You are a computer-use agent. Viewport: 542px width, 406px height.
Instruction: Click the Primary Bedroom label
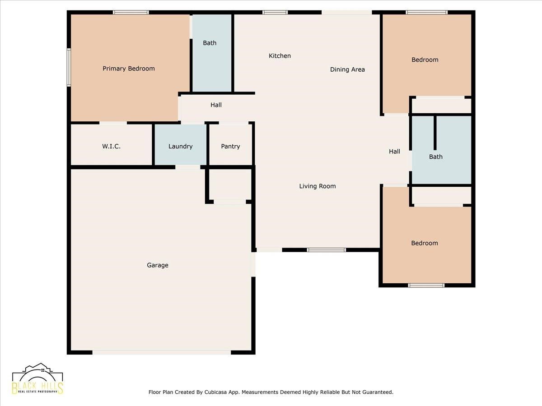tap(129, 69)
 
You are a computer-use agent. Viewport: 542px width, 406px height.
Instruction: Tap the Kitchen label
tap(280, 55)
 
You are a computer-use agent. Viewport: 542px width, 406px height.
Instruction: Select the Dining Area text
tap(347, 69)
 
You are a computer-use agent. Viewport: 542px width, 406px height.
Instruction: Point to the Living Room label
tap(318, 186)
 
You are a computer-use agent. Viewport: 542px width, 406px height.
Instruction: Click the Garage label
tap(158, 265)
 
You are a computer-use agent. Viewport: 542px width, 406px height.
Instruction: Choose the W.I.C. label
tap(112, 147)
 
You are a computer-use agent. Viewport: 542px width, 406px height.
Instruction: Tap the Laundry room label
tap(181, 147)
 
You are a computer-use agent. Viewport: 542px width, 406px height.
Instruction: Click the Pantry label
tap(230, 147)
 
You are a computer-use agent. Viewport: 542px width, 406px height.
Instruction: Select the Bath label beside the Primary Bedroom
tap(210, 43)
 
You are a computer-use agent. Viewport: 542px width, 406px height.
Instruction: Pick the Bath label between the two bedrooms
tap(436, 157)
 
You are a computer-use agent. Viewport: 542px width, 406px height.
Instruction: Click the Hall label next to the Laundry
tap(216, 105)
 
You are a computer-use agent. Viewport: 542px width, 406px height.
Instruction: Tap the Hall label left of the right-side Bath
tap(395, 152)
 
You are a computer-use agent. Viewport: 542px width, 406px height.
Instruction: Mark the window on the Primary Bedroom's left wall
tap(69, 67)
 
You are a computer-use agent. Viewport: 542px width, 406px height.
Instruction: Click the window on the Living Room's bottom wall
tap(327, 250)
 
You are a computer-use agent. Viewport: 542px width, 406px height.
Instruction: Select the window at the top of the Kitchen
tap(275, 12)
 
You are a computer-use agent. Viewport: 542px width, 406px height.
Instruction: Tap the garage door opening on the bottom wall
tap(162, 352)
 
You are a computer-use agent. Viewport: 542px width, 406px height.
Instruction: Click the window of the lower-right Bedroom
tap(426, 286)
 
